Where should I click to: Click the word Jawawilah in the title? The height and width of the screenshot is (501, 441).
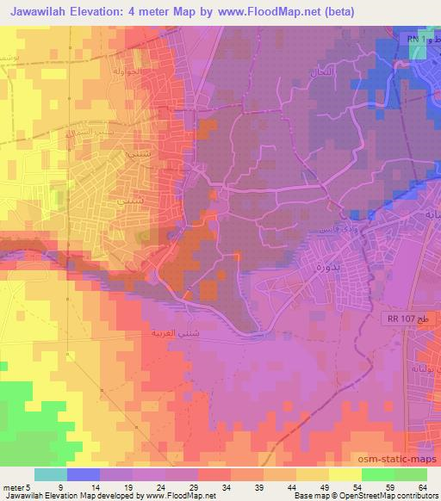click(x=44, y=11)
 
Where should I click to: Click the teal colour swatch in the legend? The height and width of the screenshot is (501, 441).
click(x=51, y=474)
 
